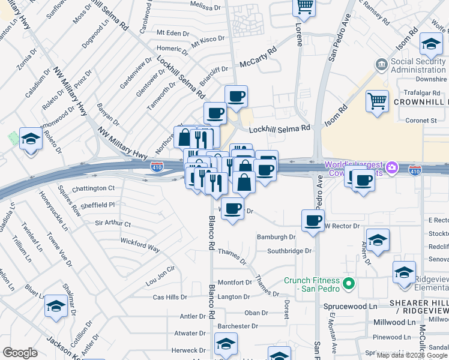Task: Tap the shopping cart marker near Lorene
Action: click(x=304, y=6)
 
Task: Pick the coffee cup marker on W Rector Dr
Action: click(x=313, y=220)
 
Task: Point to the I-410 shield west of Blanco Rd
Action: click(x=157, y=166)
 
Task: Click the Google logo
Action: click(x=20, y=352)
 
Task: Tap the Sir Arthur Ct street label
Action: click(x=113, y=223)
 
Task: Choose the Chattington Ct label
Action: click(x=93, y=188)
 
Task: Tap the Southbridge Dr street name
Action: click(x=290, y=251)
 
